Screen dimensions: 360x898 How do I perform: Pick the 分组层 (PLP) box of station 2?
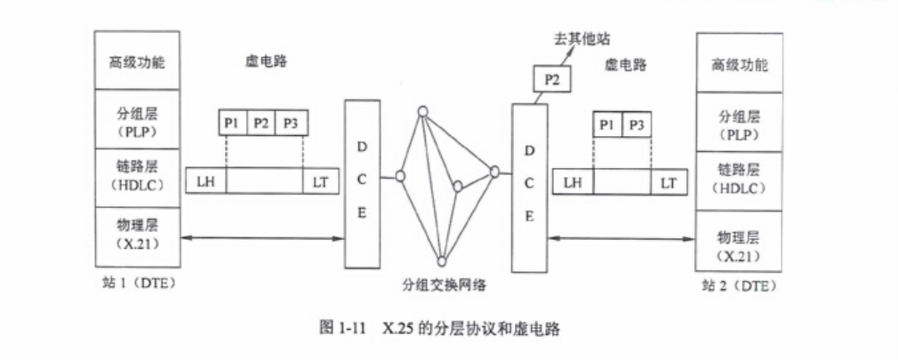click(x=739, y=122)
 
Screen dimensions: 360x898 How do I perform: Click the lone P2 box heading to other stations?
click(x=552, y=79)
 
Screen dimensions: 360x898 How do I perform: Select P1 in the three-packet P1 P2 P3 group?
click(x=232, y=124)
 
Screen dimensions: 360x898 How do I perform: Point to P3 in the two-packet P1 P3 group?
click(x=635, y=125)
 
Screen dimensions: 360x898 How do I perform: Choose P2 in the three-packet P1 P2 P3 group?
click(x=261, y=124)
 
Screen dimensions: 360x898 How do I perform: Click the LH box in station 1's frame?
click(x=205, y=181)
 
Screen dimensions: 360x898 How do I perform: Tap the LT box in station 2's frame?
click(x=668, y=182)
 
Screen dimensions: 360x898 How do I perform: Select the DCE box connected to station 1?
click(x=362, y=184)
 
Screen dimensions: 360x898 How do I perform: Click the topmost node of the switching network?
click(x=424, y=112)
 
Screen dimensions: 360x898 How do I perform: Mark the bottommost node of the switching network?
click(x=442, y=260)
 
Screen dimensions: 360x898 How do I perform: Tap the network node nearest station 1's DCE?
click(x=401, y=176)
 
